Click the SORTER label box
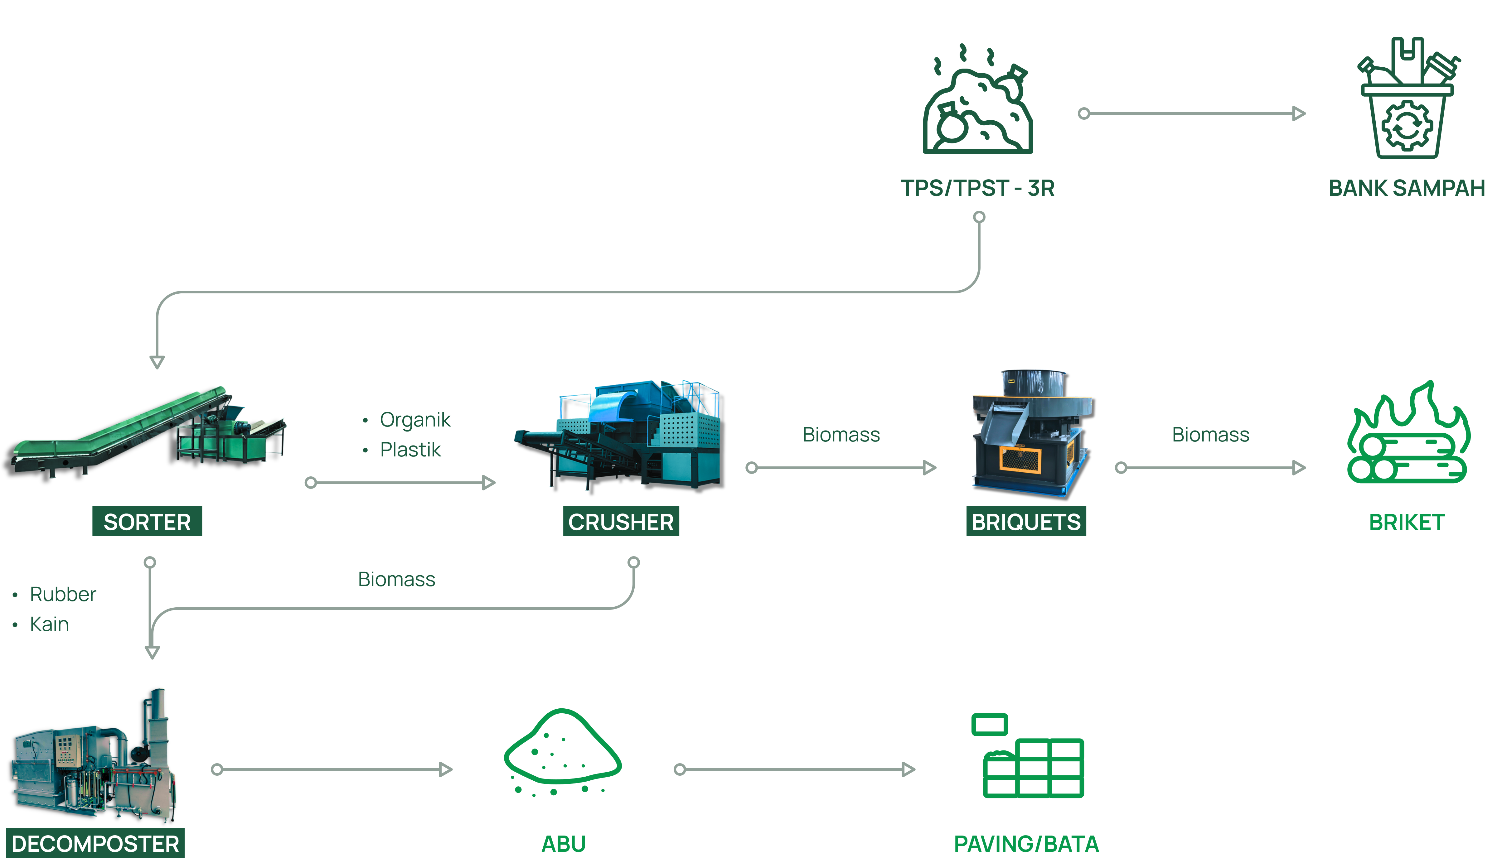pos(147,522)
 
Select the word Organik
pos(415,420)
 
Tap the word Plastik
pos(410,450)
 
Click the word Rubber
pos(62,594)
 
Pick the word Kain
pos(50,624)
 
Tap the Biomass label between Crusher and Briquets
pos(841,434)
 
